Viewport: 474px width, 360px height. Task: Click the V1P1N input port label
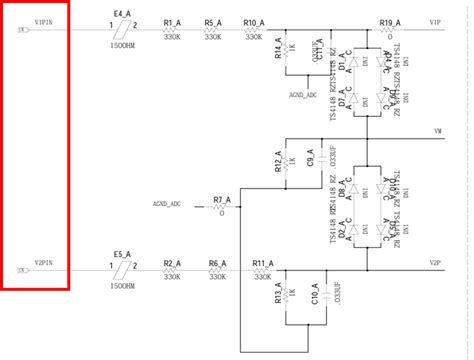[45, 21]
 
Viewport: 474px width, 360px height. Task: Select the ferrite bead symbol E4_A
[125, 29]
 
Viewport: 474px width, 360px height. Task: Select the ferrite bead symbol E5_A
[125, 270]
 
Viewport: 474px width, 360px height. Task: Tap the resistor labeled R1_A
[172, 30]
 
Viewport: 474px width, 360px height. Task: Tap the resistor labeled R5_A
[212, 30]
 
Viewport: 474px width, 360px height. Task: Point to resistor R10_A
[253, 30]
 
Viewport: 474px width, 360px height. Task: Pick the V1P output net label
[435, 22]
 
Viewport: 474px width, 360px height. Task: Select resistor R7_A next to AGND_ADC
[219, 200]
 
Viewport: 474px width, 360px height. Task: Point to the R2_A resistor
[172, 271]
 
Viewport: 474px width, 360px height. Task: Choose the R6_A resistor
[214, 271]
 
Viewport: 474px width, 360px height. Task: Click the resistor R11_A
[262, 271]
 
